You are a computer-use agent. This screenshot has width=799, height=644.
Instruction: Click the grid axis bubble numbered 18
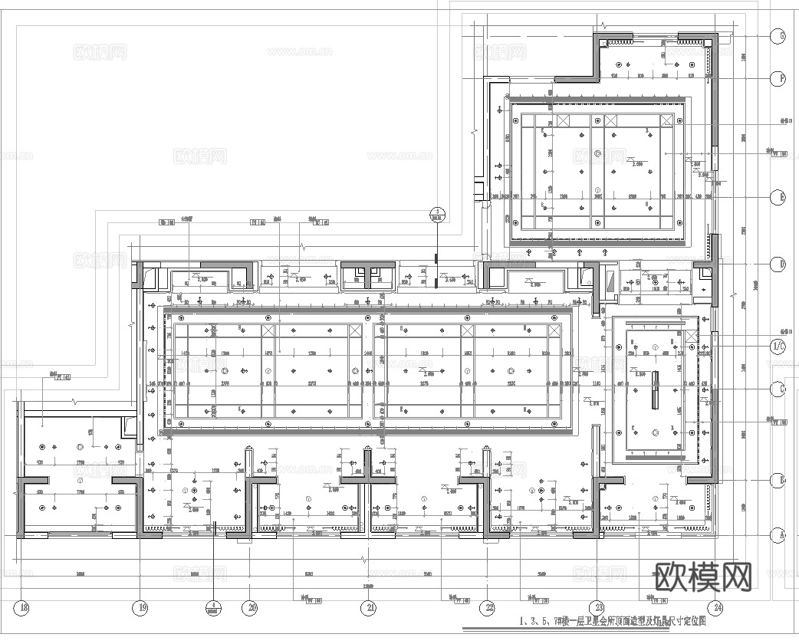pyautogui.click(x=24, y=608)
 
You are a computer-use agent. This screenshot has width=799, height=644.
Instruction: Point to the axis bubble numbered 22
pyautogui.click(x=488, y=608)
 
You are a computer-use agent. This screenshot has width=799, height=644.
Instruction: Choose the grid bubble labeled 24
pyautogui.click(x=717, y=608)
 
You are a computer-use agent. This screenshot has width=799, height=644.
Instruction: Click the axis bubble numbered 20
pyautogui.click(x=252, y=608)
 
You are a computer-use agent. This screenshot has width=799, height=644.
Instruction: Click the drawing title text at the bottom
pyautogui.click(x=611, y=621)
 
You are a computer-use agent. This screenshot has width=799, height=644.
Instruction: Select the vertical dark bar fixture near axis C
pyautogui.click(x=656, y=390)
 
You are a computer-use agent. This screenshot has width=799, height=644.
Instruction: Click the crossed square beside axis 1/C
pyautogui.click(x=692, y=337)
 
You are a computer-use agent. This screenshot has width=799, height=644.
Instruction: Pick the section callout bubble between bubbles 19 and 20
pyautogui.click(x=212, y=608)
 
